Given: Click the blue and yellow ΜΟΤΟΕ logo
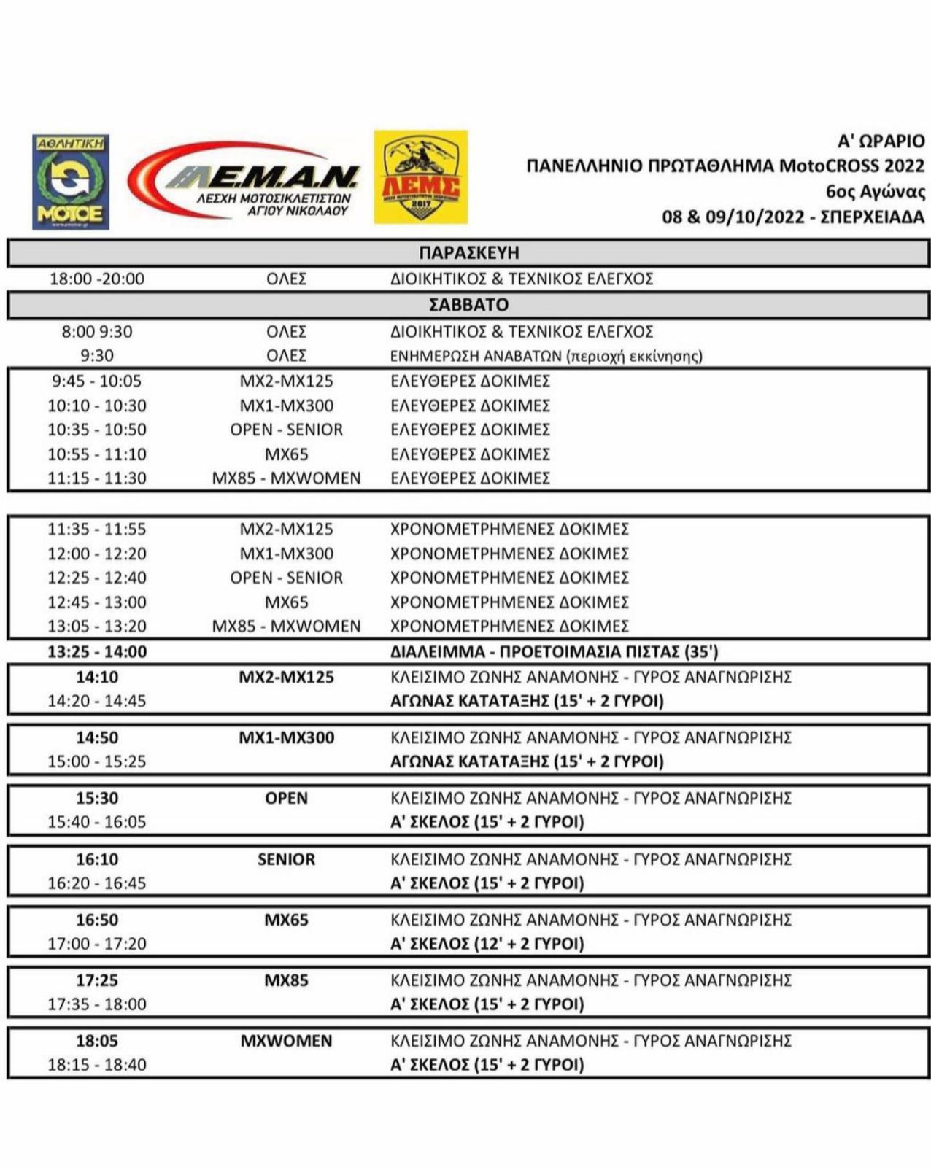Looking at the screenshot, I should (71, 182).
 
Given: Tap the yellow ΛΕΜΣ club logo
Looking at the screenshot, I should (421, 177).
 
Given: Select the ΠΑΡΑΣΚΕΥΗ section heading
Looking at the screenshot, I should (468, 252).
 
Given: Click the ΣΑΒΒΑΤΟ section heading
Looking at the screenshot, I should (468, 304).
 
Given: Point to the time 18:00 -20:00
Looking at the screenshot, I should (97, 279).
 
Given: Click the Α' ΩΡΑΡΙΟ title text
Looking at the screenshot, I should (881, 141).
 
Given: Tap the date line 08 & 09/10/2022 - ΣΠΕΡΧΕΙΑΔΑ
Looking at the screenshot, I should (793, 217).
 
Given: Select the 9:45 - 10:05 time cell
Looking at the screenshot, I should (97, 381).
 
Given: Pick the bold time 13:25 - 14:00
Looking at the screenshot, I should (97, 651).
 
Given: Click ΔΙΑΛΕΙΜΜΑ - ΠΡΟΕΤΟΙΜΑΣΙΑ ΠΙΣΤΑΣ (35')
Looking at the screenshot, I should (554, 651).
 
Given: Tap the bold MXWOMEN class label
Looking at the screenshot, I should (286, 1041).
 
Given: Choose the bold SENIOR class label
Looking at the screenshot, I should (286, 859).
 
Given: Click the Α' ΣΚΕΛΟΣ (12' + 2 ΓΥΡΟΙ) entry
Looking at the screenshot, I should (487, 944).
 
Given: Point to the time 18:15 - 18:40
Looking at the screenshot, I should (97, 1065).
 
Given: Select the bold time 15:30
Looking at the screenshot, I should (97, 798).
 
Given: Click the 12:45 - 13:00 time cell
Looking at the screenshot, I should (97, 602).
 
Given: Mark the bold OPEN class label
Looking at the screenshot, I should (286, 798).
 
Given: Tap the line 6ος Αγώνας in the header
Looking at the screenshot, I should (875, 192).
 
